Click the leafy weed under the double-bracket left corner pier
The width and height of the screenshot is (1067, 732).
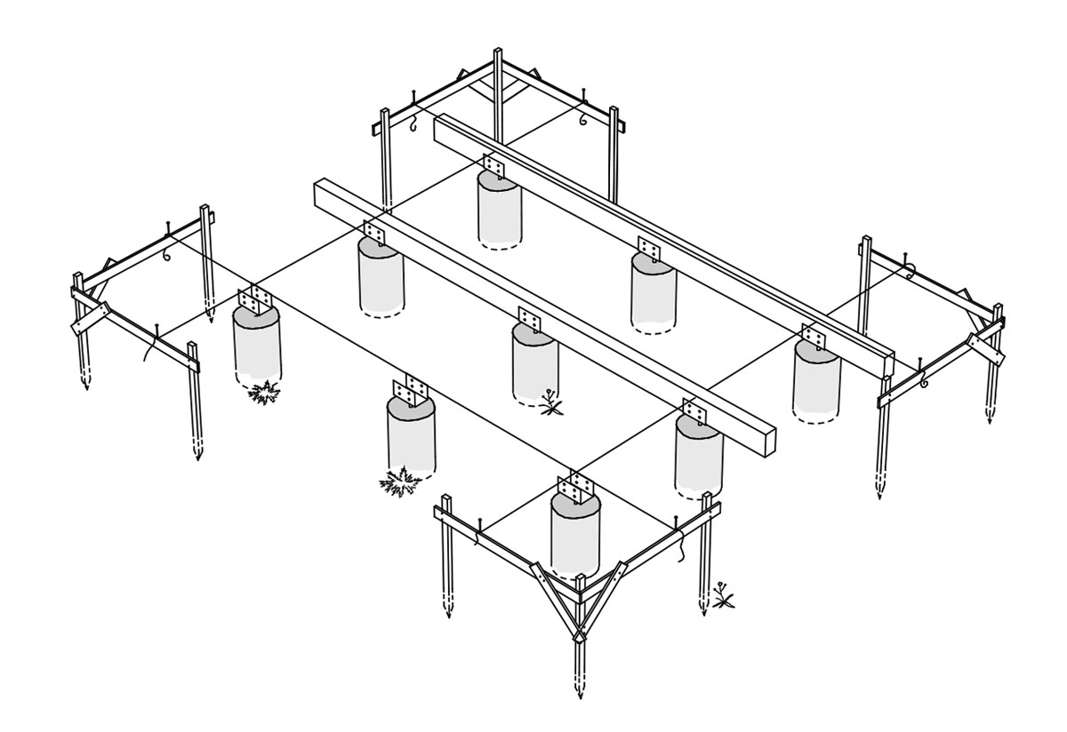click(x=264, y=392)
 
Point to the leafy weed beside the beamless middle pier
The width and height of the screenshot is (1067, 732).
click(x=400, y=483)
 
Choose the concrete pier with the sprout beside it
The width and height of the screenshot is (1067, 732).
click(x=535, y=364)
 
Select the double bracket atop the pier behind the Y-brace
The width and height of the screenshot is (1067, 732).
click(x=578, y=488)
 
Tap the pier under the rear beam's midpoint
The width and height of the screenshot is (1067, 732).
click(x=654, y=293)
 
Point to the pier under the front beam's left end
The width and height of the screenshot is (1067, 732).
click(x=381, y=275)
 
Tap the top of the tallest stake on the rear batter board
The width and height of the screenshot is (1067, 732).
click(x=498, y=51)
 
